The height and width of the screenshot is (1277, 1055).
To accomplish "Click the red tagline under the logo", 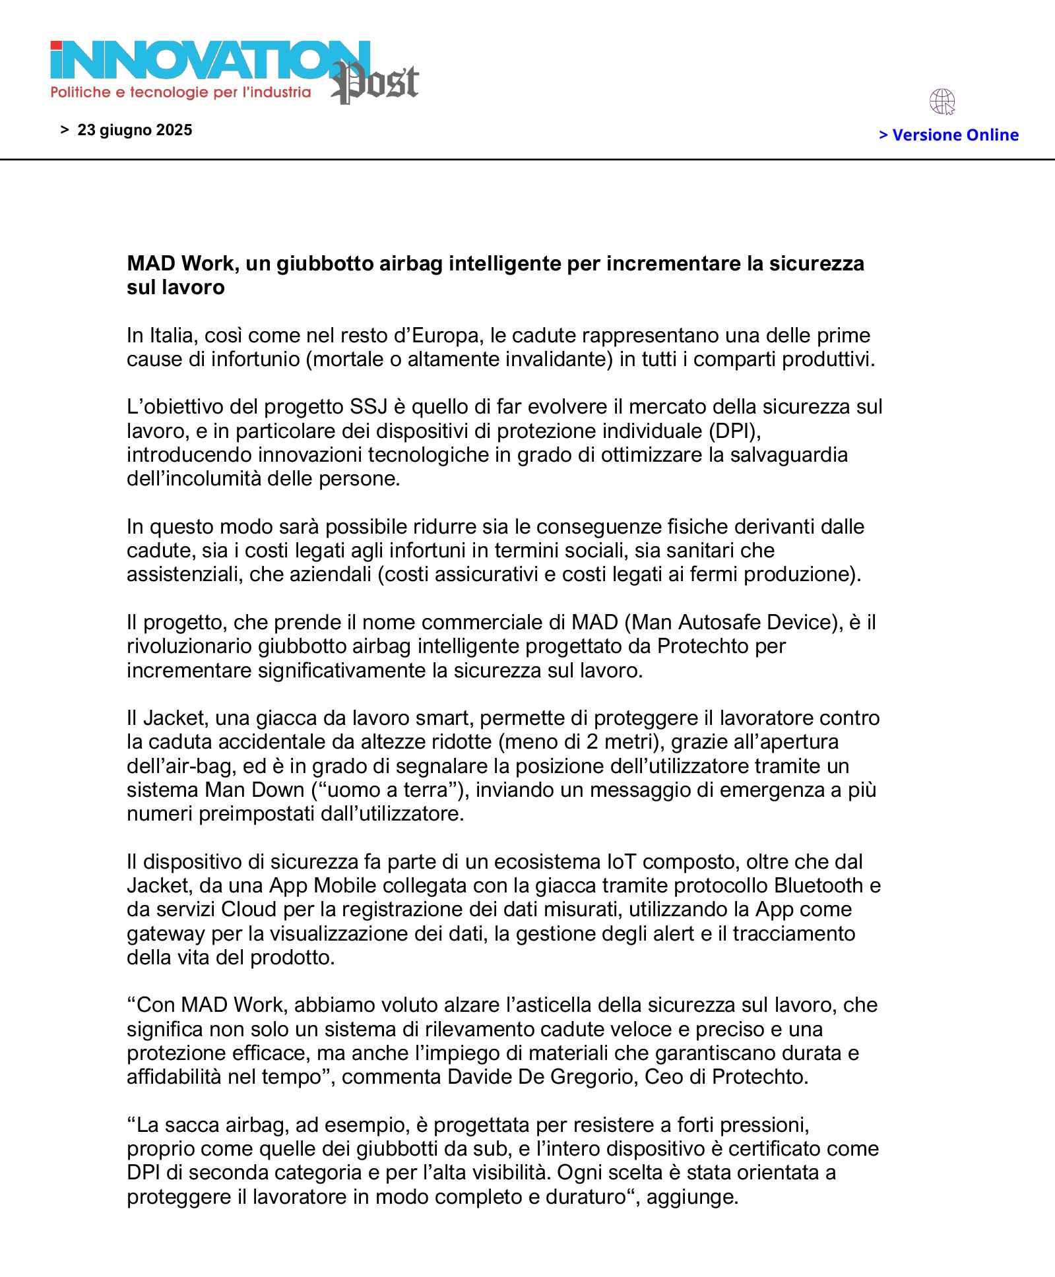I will click(x=180, y=92).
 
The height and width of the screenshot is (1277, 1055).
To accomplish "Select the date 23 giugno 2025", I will click(x=135, y=130).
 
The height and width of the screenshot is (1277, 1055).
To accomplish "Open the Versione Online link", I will click(x=949, y=135).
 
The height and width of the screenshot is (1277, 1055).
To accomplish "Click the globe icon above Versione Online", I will click(x=942, y=102).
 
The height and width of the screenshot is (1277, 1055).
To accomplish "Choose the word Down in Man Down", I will click(x=278, y=790).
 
